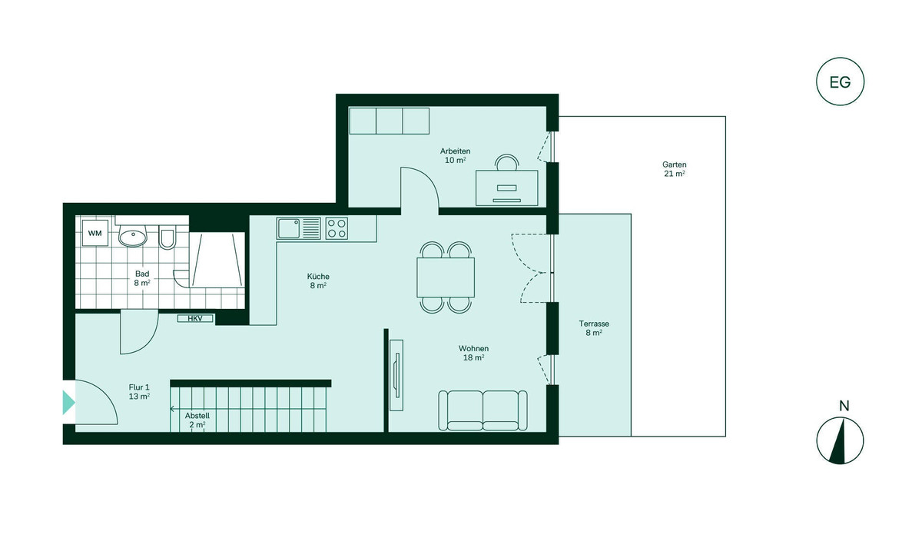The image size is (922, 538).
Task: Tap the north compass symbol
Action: click(840, 440)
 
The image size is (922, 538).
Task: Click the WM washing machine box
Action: click(95, 233)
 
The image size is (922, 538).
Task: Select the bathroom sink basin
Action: click(133, 236)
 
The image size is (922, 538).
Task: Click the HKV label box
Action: click(195, 318)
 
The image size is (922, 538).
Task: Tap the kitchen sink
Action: click(299, 228)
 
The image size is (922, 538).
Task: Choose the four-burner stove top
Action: click(337, 228)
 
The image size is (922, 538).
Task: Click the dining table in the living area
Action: click(446, 277)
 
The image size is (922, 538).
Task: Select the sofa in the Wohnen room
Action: click(483, 410)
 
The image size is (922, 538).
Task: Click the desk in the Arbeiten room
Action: click(506, 188)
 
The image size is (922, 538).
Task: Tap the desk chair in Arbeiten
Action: click(507, 162)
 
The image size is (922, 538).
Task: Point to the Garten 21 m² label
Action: click(675, 169)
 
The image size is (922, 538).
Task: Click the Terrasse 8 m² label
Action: click(594, 328)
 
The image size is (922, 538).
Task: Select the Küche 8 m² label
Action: click(318, 281)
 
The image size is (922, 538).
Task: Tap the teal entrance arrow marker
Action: click(68, 402)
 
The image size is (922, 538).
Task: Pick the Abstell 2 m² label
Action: click(197, 420)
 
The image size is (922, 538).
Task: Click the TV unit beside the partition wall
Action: click(396, 375)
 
